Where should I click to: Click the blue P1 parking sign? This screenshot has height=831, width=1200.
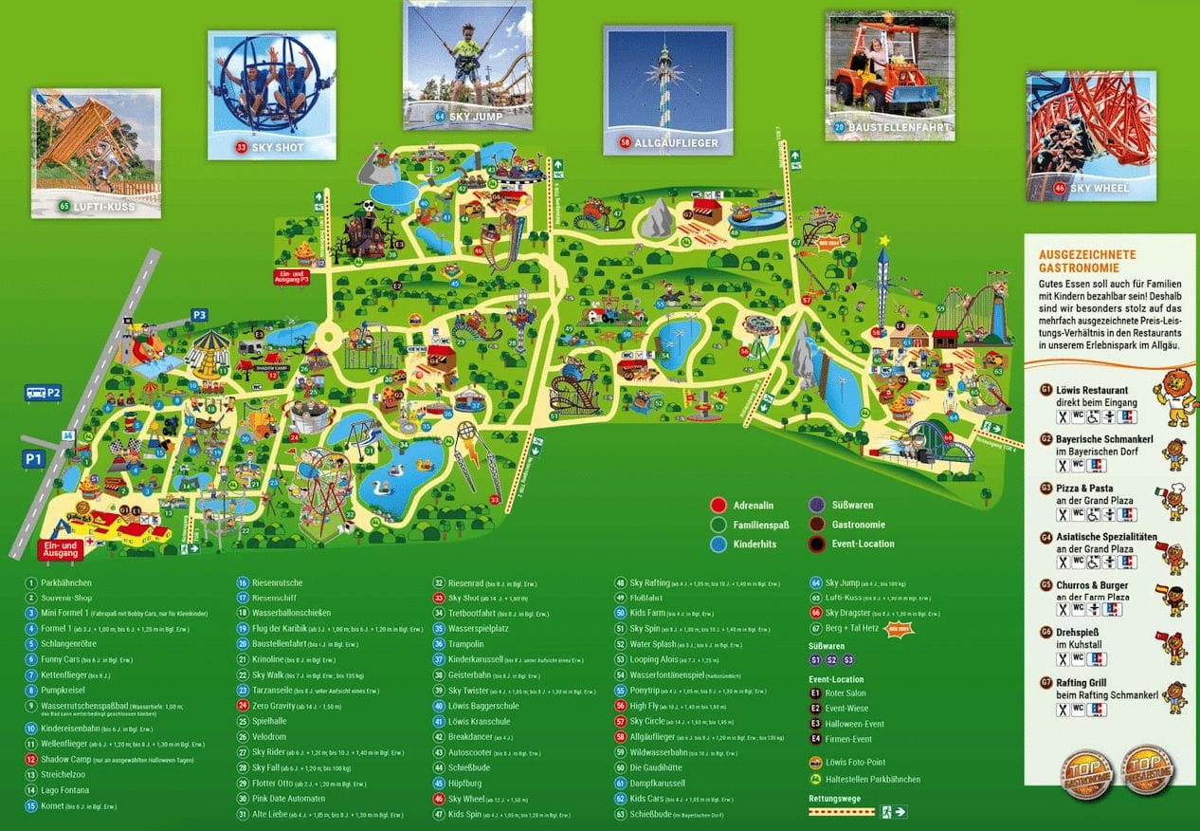(x=34, y=459)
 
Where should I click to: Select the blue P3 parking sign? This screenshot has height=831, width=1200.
(x=200, y=314)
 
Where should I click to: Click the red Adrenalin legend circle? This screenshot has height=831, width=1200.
(x=718, y=506)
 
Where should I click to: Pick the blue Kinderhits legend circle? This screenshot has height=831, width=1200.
(x=718, y=544)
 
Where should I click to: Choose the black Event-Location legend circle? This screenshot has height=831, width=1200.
(x=816, y=544)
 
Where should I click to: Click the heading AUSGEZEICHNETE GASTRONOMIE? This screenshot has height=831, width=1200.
(x=1086, y=262)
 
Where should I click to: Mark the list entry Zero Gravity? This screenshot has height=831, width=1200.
(x=275, y=706)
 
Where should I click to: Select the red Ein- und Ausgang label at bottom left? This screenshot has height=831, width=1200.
(x=59, y=548)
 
